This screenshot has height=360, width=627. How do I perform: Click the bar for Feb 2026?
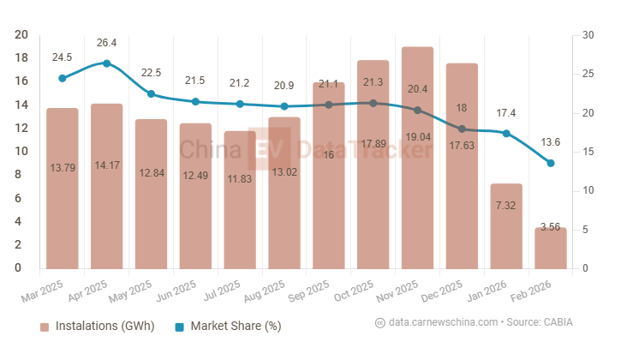point(551,248)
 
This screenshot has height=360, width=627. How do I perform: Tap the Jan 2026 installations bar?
point(506,226)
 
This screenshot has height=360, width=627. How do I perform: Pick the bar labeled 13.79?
point(63,189)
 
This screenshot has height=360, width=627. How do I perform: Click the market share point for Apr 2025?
point(106,63)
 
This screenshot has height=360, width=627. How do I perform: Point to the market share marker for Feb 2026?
point(551,163)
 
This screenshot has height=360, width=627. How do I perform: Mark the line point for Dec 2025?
point(462,129)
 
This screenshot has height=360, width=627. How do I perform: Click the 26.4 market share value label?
point(106,42)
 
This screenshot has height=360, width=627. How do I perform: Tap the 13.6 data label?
point(551,141)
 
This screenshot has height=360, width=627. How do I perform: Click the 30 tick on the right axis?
point(587,35)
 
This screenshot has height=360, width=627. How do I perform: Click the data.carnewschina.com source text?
point(442,322)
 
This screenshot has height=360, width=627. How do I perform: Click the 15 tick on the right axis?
point(587,152)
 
